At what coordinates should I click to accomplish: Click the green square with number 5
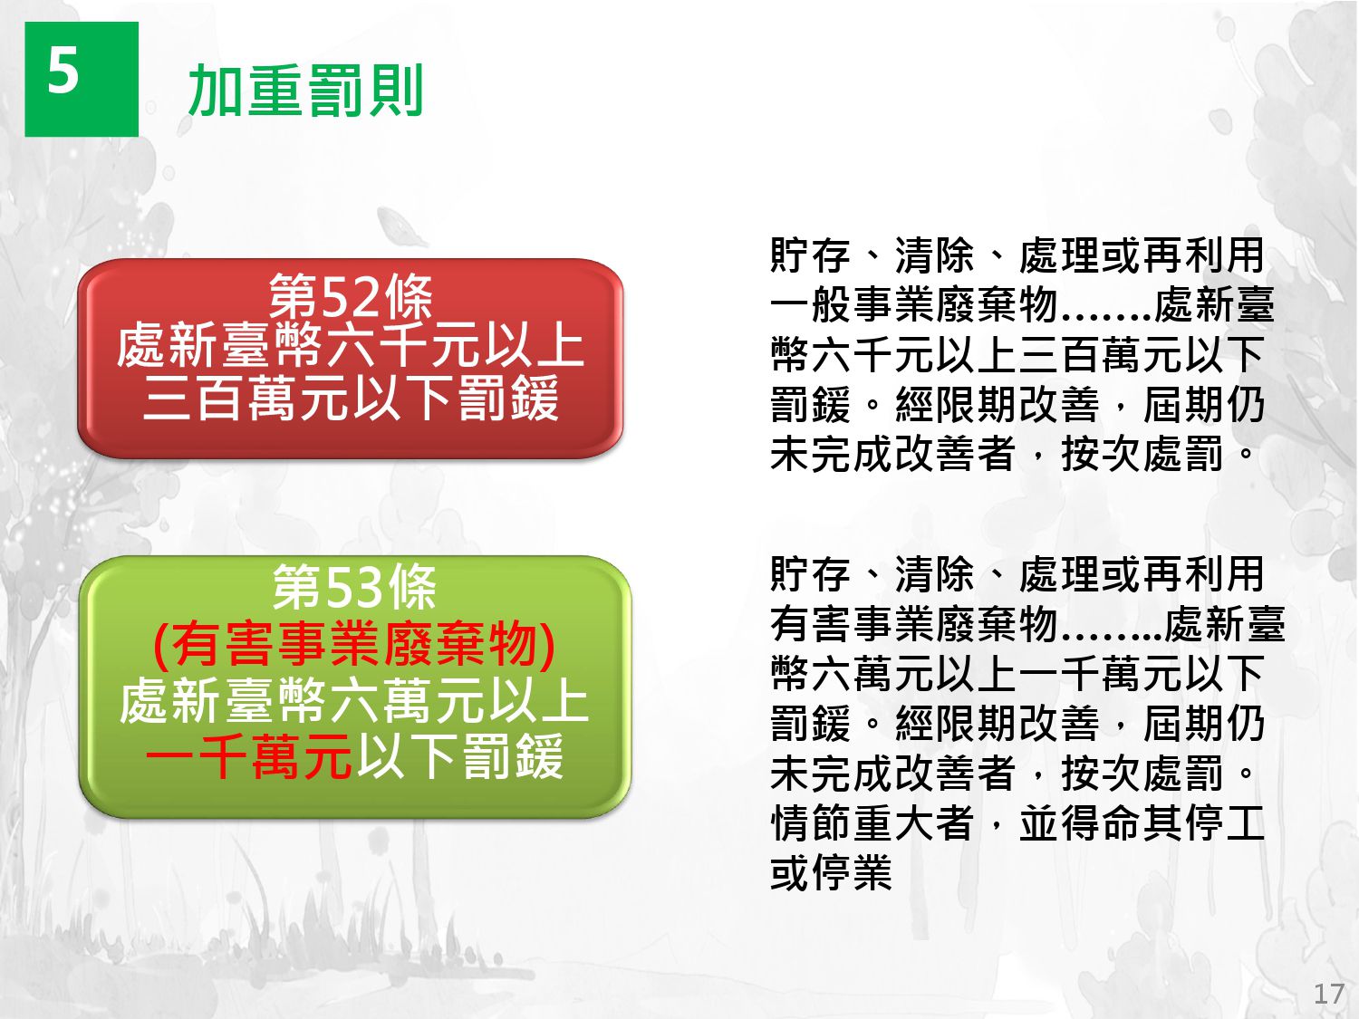click(82, 79)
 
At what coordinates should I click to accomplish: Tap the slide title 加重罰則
click(306, 91)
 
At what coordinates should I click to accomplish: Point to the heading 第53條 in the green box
click(354, 587)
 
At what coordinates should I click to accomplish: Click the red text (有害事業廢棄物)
click(353, 644)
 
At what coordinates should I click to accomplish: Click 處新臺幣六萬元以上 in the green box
click(353, 700)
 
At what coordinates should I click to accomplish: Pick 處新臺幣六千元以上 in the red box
click(351, 347)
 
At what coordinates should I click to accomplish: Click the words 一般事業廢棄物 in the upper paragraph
click(913, 304)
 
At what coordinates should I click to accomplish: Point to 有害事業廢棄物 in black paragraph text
click(913, 624)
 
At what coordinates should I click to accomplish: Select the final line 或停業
click(831, 873)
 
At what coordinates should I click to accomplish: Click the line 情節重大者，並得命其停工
click(1017, 823)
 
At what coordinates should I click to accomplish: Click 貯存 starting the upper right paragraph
click(811, 255)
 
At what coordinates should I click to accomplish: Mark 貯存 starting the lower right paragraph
click(811, 574)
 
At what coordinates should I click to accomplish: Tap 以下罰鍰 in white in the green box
click(459, 755)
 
